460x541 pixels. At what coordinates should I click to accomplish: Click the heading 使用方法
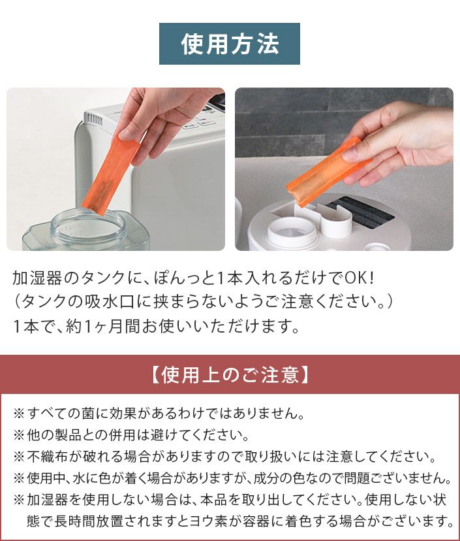230,44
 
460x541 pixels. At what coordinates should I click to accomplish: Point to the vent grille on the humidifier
93,120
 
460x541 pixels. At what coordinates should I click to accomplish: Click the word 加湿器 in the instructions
37,278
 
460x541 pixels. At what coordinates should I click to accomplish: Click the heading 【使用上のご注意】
230,374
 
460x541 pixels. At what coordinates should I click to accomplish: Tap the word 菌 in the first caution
87,413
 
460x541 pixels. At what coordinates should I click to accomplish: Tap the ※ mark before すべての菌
19,413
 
